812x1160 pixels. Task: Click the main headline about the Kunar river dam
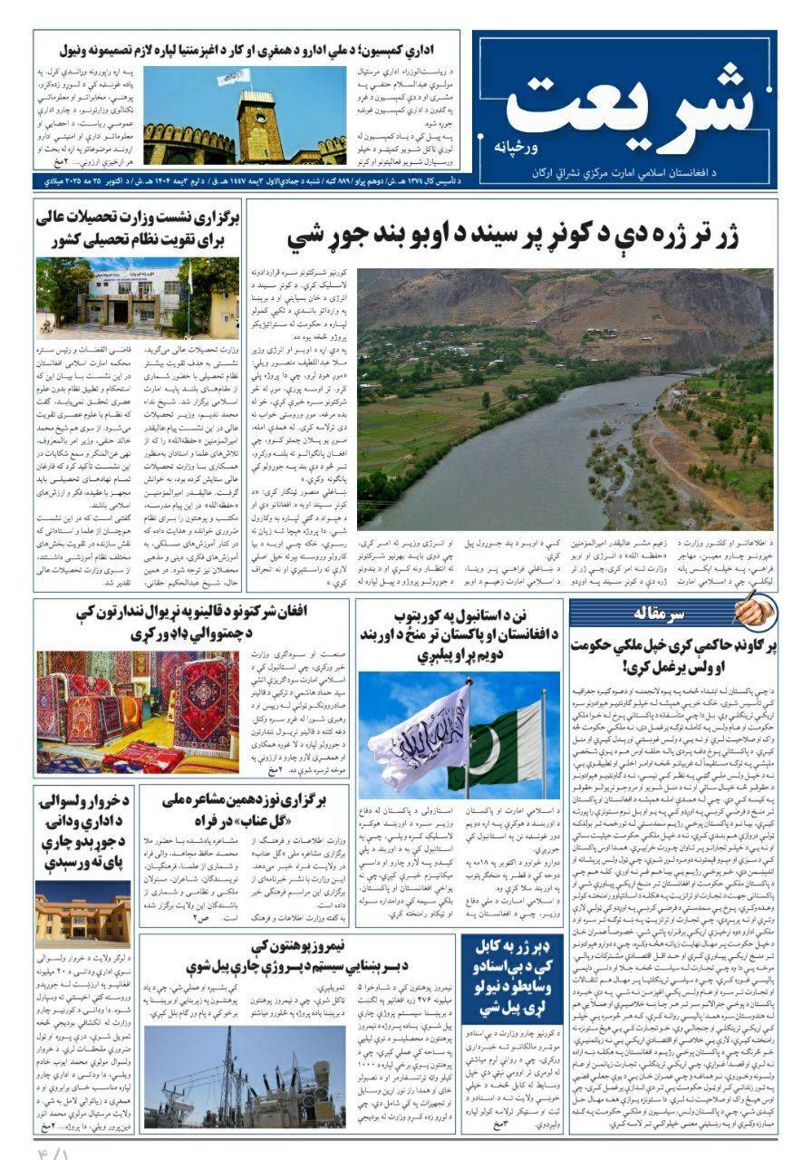(513, 237)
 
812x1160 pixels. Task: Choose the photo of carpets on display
(138, 710)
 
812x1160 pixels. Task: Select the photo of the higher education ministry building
(138, 297)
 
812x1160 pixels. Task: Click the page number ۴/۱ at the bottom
(54, 1148)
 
